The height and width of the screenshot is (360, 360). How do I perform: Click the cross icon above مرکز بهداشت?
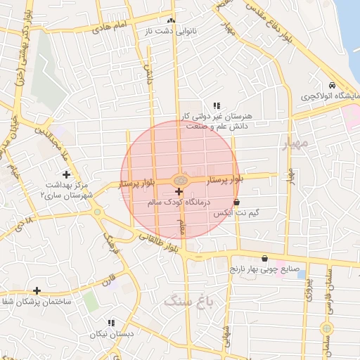point(66,174)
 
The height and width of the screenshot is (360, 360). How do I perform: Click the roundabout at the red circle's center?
point(179,180)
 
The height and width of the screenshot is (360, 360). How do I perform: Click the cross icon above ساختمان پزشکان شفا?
point(37,290)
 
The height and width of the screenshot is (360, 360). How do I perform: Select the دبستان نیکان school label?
point(111,335)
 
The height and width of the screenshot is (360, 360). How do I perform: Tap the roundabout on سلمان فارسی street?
point(326,328)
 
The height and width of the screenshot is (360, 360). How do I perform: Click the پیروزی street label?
point(308,290)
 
